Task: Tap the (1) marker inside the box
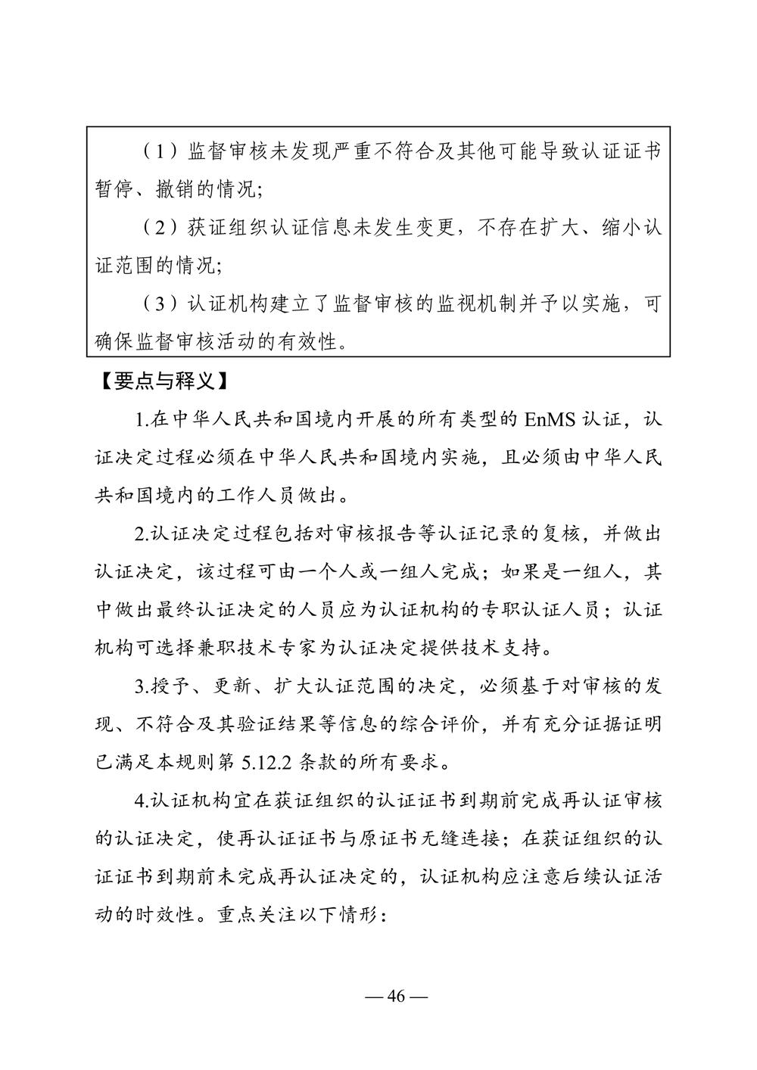[x=160, y=151]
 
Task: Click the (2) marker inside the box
[x=160, y=228]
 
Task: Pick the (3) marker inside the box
[x=160, y=305]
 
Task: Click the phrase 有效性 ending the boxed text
[x=304, y=344]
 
